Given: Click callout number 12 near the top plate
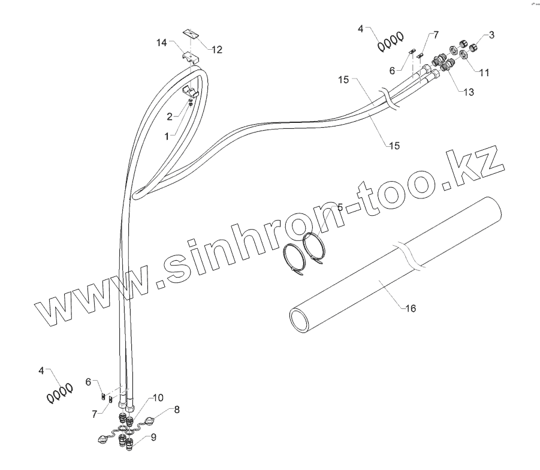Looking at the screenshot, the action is (x=216, y=50).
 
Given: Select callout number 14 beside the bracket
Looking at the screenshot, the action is (x=162, y=43).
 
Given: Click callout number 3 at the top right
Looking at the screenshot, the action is (x=491, y=35).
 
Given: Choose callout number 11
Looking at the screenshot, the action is (x=484, y=73).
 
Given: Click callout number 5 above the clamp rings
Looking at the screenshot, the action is (x=340, y=207).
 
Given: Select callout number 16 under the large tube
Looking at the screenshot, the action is (x=411, y=308).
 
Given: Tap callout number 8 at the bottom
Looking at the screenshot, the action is (x=177, y=410).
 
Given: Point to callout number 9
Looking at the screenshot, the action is (x=153, y=438).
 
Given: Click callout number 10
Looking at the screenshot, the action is (x=157, y=397).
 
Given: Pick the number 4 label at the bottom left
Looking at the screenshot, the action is (x=41, y=371).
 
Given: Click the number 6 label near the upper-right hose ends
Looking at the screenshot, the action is (x=393, y=70).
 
